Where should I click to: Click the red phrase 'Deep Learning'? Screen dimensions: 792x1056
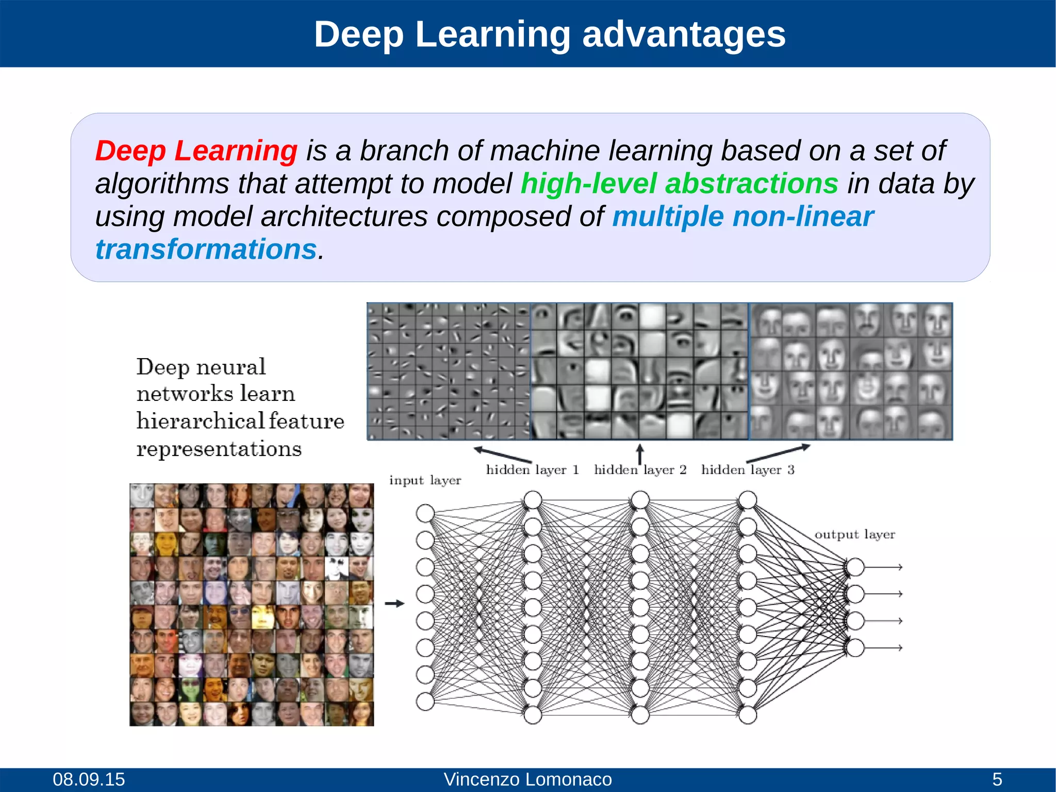(196, 151)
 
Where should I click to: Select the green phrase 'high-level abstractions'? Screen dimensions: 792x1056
(679, 184)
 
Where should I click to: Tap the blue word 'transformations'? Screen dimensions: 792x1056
(206, 250)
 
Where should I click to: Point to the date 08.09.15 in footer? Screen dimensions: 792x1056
(89, 779)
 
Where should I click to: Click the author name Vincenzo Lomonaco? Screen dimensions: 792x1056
(527, 779)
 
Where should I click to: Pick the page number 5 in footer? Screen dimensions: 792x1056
(997, 779)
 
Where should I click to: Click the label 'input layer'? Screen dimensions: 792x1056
(425, 480)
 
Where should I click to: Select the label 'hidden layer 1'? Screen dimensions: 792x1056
(532, 470)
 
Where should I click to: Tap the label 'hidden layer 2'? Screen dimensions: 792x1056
(640, 470)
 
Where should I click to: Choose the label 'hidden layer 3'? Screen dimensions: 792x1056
(748, 470)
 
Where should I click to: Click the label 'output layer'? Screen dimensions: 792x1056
(854, 535)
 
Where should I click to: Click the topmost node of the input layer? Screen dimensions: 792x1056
(425, 513)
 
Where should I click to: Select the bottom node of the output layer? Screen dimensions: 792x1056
(855, 648)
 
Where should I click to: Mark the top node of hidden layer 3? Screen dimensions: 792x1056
(748, 500)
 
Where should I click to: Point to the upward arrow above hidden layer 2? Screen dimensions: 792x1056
(640, 454)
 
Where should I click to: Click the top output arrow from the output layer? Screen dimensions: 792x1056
(884, 567)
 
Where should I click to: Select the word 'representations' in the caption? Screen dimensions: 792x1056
(219, 449)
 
